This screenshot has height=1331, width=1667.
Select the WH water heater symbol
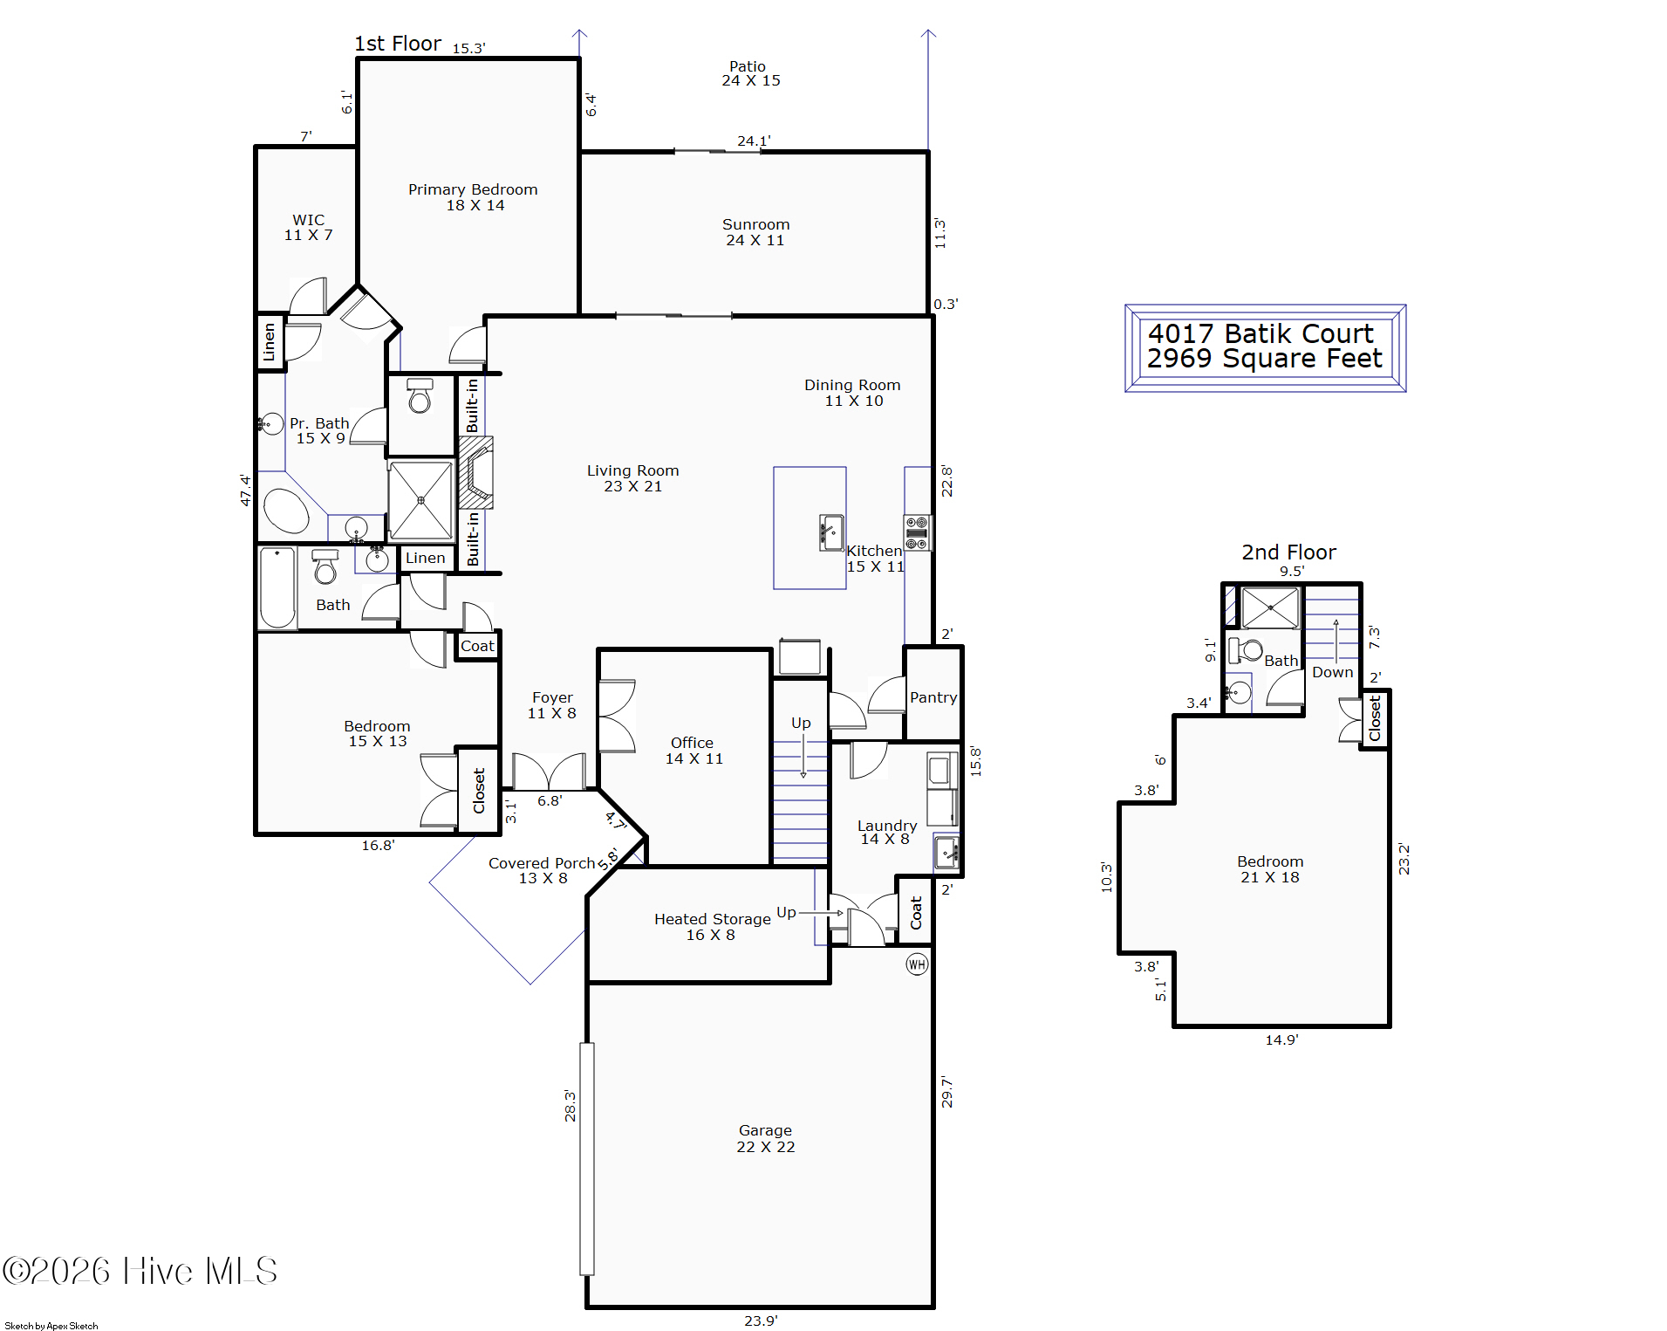pos(917,964)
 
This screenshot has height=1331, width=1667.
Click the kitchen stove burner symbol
pos(917,533)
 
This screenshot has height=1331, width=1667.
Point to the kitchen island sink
pos(832,532)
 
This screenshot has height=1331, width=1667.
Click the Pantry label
pos(933,697)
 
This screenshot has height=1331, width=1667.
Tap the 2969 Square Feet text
pos(1265,358)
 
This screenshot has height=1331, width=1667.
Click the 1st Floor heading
pos(398,44)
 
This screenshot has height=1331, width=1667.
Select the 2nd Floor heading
pos(1288,552)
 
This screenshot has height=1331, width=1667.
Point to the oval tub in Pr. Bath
pos(286,511)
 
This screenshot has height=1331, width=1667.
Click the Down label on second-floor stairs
pos(1333,672)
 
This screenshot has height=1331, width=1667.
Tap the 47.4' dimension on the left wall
pos(245,490)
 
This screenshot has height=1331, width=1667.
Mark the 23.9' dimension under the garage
pos(761,1321)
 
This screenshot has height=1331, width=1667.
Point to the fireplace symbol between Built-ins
pos(476,472)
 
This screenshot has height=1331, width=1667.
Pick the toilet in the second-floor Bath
pos(1246,650)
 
